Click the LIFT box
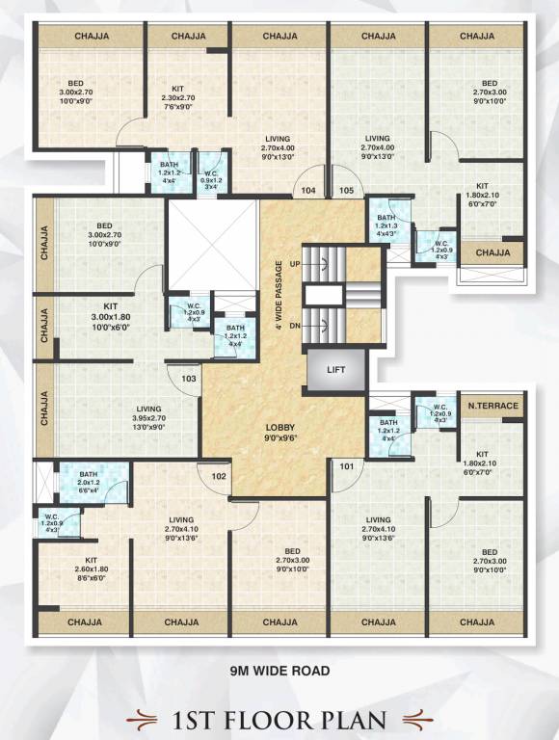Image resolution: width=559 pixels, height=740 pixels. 336,369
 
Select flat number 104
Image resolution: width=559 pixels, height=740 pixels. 308,191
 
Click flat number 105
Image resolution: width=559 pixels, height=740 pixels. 347,191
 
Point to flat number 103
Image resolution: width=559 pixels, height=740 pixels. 189,379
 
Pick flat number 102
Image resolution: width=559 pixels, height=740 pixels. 220,475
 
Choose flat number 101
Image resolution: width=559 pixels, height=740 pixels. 347,469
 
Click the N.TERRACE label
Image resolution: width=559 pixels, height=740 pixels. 492,406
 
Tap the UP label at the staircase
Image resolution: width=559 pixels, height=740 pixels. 296,263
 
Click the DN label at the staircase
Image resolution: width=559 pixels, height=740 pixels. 295,326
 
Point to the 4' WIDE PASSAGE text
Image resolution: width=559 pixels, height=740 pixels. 279,295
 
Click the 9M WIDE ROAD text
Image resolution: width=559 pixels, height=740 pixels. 279,670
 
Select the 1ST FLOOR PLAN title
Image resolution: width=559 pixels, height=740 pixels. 279,719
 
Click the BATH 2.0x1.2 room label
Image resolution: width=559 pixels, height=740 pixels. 89,479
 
